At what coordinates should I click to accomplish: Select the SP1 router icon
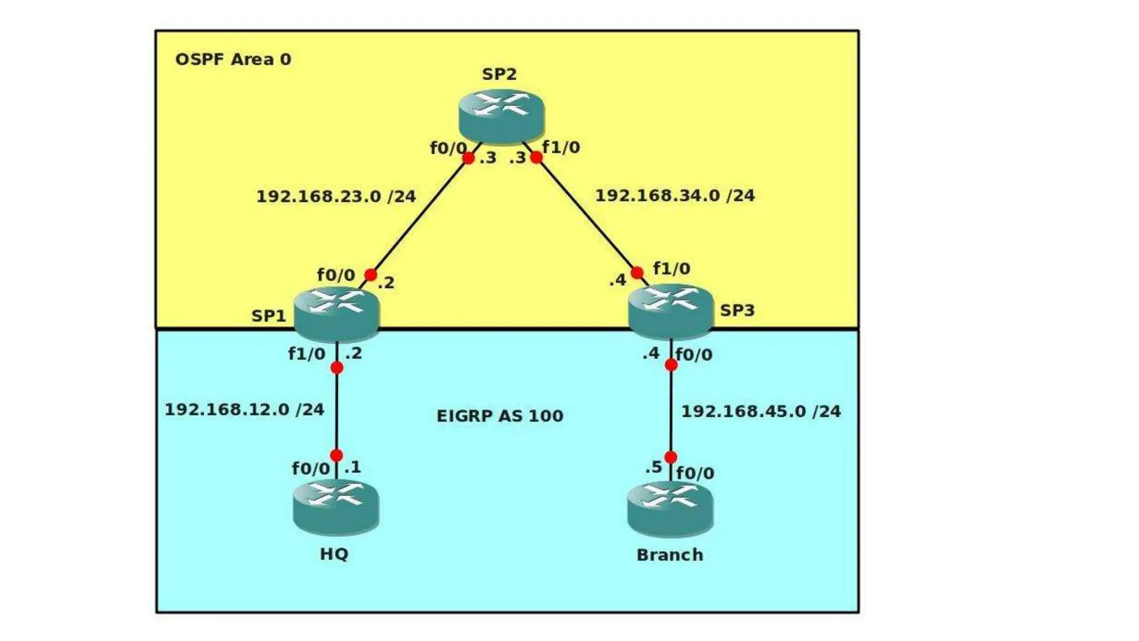[x=336, y=313]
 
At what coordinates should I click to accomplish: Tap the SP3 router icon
[x=671, y=311]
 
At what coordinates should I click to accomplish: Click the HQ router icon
[x=336, y=507]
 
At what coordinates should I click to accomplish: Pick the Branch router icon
[x=670, y=509]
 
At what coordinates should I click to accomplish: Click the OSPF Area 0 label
[x=233, y=60]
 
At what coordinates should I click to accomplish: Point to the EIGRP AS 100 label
[x=499, y=416]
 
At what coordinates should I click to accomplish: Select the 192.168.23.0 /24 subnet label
[x=336, y=196]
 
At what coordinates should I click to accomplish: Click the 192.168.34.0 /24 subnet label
[x=675, y=195]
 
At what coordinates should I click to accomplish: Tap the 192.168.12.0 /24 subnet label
[x=244, y=410]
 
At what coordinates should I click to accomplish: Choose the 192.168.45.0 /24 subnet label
[x=761, y=411]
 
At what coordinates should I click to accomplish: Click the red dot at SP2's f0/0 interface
[x=468, y=158]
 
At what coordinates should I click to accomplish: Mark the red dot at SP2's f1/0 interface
[x=536, y=157]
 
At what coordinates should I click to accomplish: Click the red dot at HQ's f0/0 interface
[x=336, y=455]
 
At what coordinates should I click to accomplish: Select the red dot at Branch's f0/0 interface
[x=671, y=457]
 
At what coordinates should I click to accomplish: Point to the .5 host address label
[x=653, y=467]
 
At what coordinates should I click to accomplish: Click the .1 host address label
[x=353, y=467]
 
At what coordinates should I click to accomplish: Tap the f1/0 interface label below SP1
[x=306, y=353]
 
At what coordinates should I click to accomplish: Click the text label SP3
[x=737, y=310]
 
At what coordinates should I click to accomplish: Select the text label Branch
[x=670, y=555]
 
